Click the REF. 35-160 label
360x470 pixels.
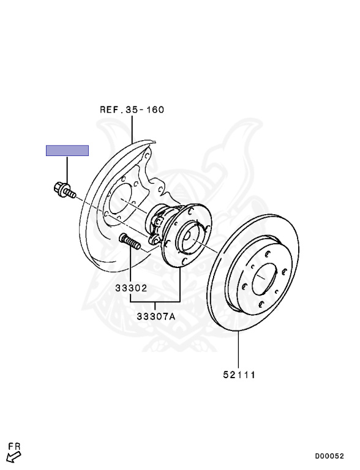pyautogui.click(x=132, y=110)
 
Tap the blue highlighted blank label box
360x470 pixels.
pyautogui.click(x=67, y=151)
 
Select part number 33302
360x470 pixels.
pyautogui.click(x=132, y=288)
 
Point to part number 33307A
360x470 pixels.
pyautogui.click(x=156, y=316)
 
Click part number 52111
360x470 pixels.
pyautogui.click(x=239, y=375)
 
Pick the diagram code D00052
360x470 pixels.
pyautogui.click(x=329, y=456)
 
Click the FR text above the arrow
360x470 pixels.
pyautogui.click(x=14, y=446)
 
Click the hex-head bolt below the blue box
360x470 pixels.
pyautogui.click(x=64, y=190)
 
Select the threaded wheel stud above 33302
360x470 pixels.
pyautogui.click(x=130, y=241)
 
